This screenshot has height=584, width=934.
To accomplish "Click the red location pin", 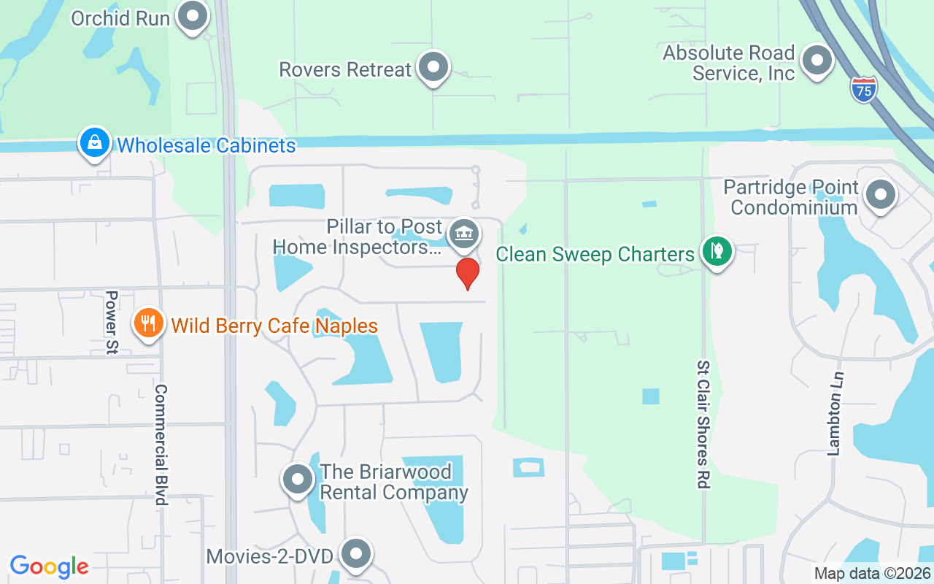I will pyautogui.click(x=468, y=272).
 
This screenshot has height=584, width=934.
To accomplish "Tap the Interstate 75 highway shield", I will pyautogui.click(x=863, y=90).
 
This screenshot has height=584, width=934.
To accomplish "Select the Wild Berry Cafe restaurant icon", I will pyautogui.click(x=148, y=322).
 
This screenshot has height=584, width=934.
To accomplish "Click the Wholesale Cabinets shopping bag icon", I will pyautogui.click(x=95, y=143).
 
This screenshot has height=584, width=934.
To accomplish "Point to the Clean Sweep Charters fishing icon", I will pyautogui.click(x=717, y=251).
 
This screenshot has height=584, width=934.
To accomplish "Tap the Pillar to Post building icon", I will pyautogui.click(x=463, y=234).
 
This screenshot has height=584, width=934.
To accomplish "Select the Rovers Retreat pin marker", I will pyautogui.click(x=434, y=67).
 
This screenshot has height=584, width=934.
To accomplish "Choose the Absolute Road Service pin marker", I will pyautogui.click(x=817, y=61).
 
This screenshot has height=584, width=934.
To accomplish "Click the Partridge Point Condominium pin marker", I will pyautogui.click(x=881, y=195).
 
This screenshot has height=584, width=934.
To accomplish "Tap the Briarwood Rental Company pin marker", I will pyautogui.click(x=298, y=480).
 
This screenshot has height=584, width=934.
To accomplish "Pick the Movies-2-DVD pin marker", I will pyautogui.click(x=356, y=554).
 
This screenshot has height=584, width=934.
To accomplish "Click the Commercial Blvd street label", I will pyautogui.click(x=161, y=445).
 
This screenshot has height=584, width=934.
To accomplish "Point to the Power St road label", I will pyautogui.click(x=112, y=323).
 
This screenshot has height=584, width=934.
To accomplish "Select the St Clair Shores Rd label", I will pyautogui.click(x=703, y=423).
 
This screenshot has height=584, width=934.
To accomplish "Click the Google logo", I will pyautogui.click(x=50, y=566).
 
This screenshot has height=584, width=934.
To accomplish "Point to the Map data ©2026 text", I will pyautogui.click(x=872, y=574).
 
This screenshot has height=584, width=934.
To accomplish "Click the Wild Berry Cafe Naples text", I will pyautogui.click(x=274, y=326).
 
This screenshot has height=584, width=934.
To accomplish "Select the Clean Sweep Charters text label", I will pyautogui.click(x=595, y=254).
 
